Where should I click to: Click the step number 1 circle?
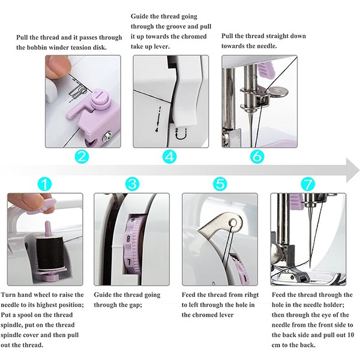(x=44, y=184)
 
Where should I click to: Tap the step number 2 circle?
(x=82, y=157)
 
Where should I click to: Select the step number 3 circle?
(x=132, y=184)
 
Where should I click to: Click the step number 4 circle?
(x=169, y=157)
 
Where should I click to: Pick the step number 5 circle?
(x=220, y=184)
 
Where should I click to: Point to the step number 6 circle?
(x=257, y=157)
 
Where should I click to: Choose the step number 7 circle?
(x=308, y=184)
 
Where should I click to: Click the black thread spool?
(x=49, y=253)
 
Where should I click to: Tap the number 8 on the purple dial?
(x=128, y=238)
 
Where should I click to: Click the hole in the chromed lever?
(x=233, y=223)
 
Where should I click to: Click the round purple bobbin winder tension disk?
(x=101, y=99)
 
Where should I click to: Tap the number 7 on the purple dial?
(x=128, y=262)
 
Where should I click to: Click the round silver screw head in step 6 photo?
(x=278, y=92)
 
